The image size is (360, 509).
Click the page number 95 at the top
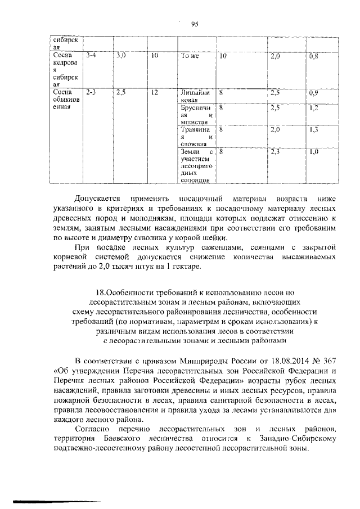click(195, 23)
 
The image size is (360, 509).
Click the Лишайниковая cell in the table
click(195, 96)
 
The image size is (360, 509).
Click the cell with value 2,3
click(275, 151)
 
